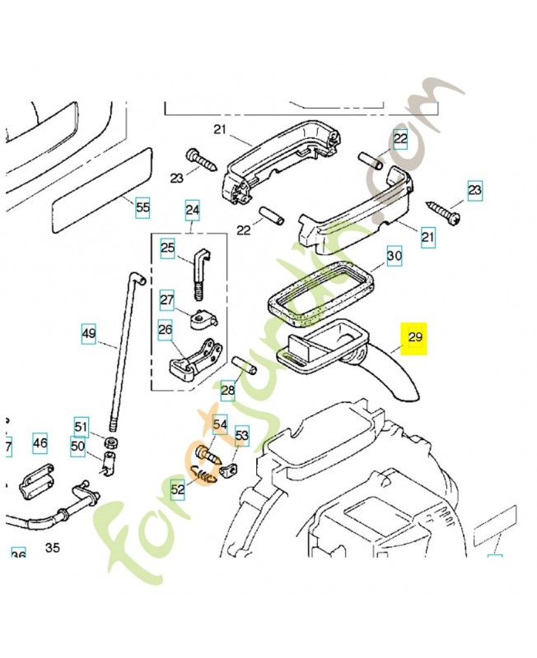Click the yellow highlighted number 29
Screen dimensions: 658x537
coord(414,338)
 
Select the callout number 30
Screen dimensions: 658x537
coord(395,257)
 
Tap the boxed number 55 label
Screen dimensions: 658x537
coord(142,208)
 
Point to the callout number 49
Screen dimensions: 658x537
coord(89,334)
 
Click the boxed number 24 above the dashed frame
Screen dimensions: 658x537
coord(193,211)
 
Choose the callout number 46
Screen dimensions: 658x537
coord(40,443)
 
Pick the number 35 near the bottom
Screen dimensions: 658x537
coord(53,547)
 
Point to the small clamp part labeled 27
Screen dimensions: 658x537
coord(202,317)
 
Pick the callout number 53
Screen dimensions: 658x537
coord(241,435)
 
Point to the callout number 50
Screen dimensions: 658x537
coord(78,447)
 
